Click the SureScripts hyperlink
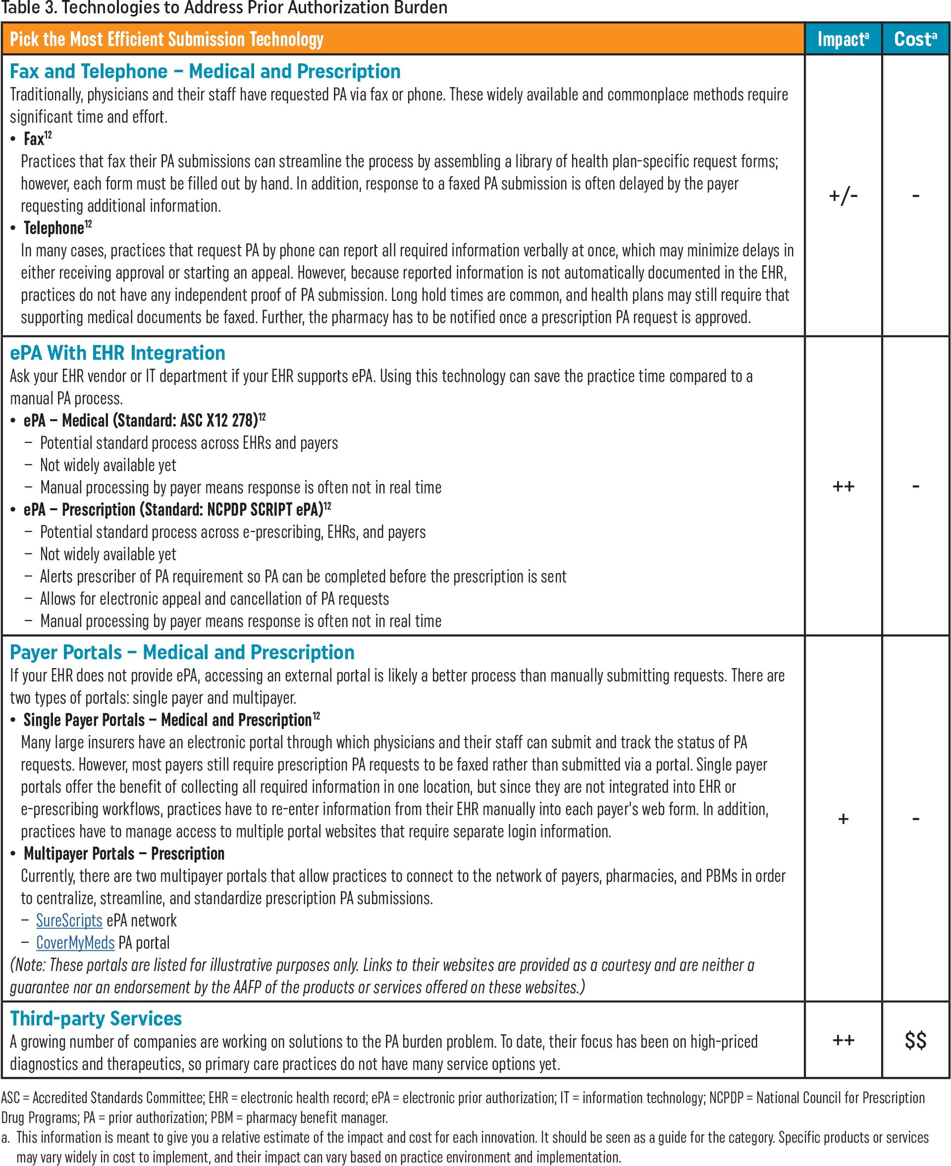pyautogui.click(x=69, y=921)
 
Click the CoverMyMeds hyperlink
pyautogui.click(x=75, y=943)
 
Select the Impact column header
pyautogui.click(x=843, y=40)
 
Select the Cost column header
pyautogui.click(x=915, y=40)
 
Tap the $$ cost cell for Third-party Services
pyautogui.click(x=915, y=1041)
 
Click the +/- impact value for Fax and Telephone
pyautogui.click(x=843, y=195)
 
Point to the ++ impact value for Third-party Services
pyautogui.click(x=843, y=1041)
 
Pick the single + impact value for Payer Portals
pyautogui.click(x=843, y=820)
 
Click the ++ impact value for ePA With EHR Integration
pyautogui.click(x=843, y=486)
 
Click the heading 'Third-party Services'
pyautogui.click(x=96, y=1019)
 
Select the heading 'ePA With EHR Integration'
pyautogui.click(x=117, y=353)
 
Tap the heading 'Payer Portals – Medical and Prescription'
pyautogui.click(x=182, y=652)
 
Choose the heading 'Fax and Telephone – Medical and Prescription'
pyautogui.click(x=205, y=72)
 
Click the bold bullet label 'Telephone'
pyautogui.click(x=53, y=228)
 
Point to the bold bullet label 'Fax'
pyautogui.click(x=34, y=140)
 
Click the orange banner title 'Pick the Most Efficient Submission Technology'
pyautogui.click(x=166, y=40)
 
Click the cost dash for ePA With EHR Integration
pyautogui.click(x=915, y=486)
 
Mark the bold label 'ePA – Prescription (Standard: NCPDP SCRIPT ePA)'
pyautogui.click(x=173, y=510)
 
